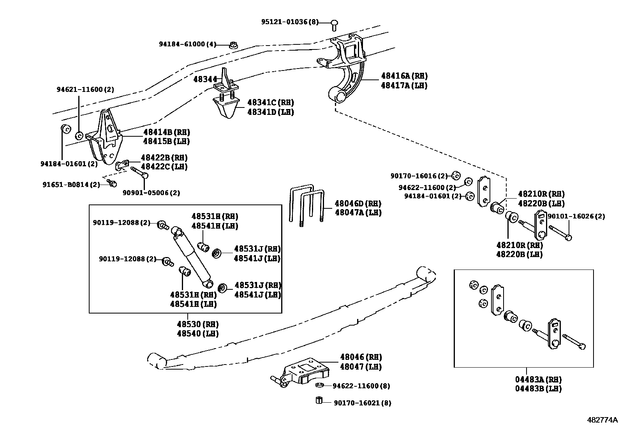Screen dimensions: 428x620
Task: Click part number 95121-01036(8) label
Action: [289, 22]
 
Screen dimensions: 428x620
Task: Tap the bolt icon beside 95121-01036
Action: [334, 25]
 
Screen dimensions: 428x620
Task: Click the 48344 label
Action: [205, 79]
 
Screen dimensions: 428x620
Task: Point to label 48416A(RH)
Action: [404, 76]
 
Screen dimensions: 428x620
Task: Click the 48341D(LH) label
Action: [271, 112]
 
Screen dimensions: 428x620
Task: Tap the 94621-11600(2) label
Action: [85, 90]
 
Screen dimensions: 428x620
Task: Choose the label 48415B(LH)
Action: [166, 141]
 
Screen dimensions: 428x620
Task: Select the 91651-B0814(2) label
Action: [71, 184]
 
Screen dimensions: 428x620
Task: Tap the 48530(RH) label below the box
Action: [197, 324]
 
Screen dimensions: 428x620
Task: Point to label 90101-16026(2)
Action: [576, 216]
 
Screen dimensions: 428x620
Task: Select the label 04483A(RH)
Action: [538, 379]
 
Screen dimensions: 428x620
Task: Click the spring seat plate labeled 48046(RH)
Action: [306, 370]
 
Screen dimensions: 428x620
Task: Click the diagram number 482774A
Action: [602, 420]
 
